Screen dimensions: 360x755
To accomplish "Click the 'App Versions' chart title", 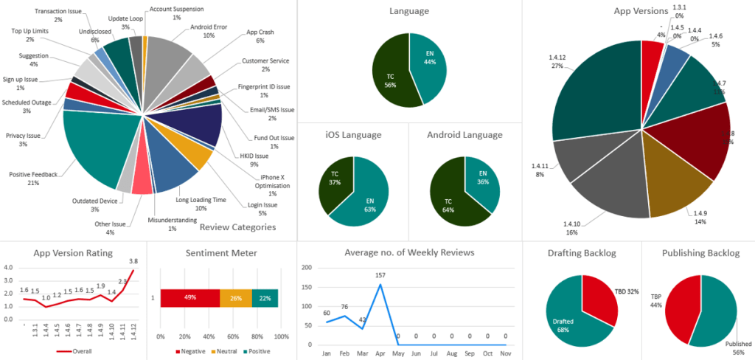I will (x=641, y=11).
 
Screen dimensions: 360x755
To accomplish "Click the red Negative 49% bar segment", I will (x=189, y=297).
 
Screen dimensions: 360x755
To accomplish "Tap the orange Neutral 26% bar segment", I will (x=235, y=297).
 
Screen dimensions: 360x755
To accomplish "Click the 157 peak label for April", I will (x=381, y=276).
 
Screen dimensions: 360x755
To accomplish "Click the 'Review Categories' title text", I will (x=237, y=227).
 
